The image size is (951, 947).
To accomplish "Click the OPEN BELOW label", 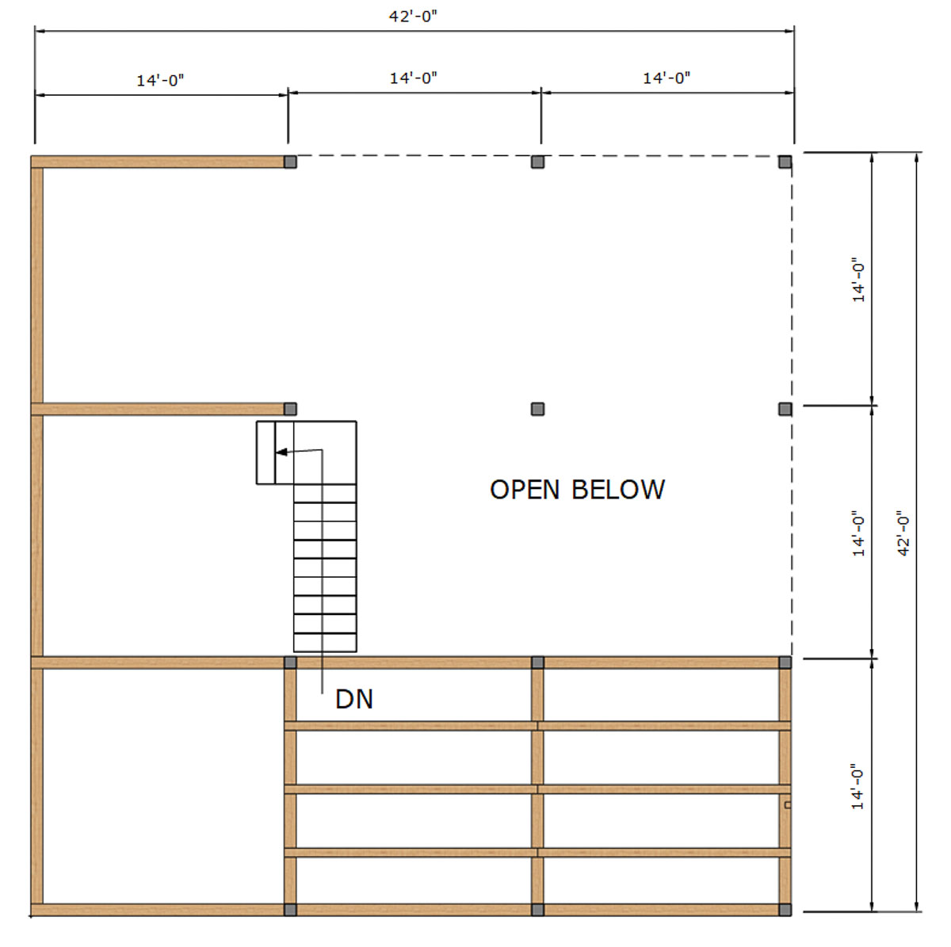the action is pos(577,490).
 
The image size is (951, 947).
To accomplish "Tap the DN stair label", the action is pos(353,699).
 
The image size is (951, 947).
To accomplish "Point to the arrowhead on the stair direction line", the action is pos(281,452).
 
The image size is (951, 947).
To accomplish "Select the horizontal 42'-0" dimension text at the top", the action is pos(413,17).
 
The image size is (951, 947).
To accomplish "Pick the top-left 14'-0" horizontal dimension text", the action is pos(160,80).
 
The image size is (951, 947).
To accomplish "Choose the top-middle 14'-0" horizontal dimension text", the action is pos(414,78).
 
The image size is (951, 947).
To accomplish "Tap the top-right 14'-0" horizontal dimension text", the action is pos(666,78).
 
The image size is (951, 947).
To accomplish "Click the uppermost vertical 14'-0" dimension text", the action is pos(859,279).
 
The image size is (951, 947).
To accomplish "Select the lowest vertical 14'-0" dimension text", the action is pos(858,787).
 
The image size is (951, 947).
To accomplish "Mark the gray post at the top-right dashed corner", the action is pos(785,162).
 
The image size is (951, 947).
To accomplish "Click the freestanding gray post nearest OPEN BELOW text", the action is pos(537,409).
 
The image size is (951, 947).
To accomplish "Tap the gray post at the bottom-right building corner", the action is pos(785,910).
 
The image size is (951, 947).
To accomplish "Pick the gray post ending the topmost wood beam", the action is pos(290,162).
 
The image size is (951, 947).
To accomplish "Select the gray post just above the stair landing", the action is pos(290,409).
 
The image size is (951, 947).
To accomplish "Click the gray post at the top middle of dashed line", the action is pos(537,162).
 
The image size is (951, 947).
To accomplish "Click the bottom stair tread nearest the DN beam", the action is pos(325,643).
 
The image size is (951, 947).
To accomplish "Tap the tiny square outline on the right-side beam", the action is pos(788,805).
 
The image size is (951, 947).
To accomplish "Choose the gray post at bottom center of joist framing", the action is pos(537,910).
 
